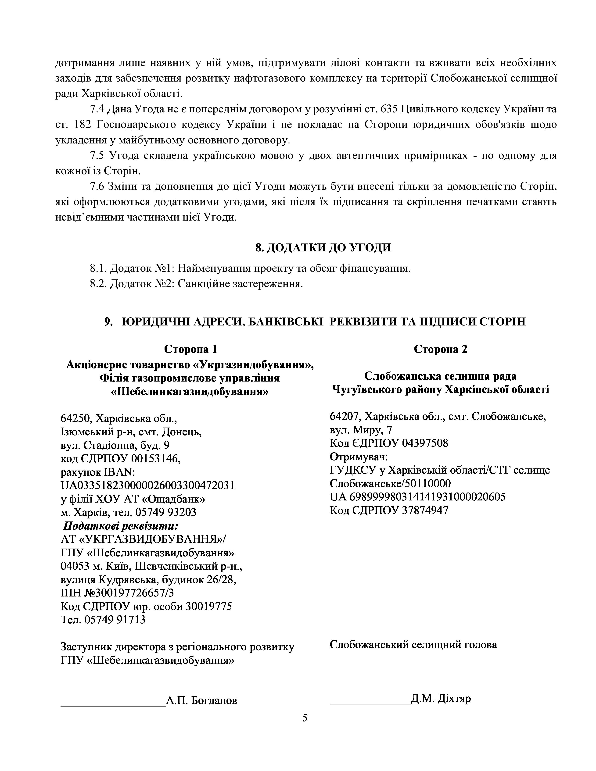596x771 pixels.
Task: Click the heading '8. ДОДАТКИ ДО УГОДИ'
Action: pos(323,247)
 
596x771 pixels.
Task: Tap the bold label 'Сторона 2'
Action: pos(440,349)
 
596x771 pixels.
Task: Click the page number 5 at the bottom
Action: pos(305,718)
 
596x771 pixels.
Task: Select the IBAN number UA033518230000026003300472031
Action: pos(147,485)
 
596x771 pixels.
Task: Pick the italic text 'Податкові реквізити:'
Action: pos(120,526)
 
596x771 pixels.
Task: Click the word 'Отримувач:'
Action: pos(358,457)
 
